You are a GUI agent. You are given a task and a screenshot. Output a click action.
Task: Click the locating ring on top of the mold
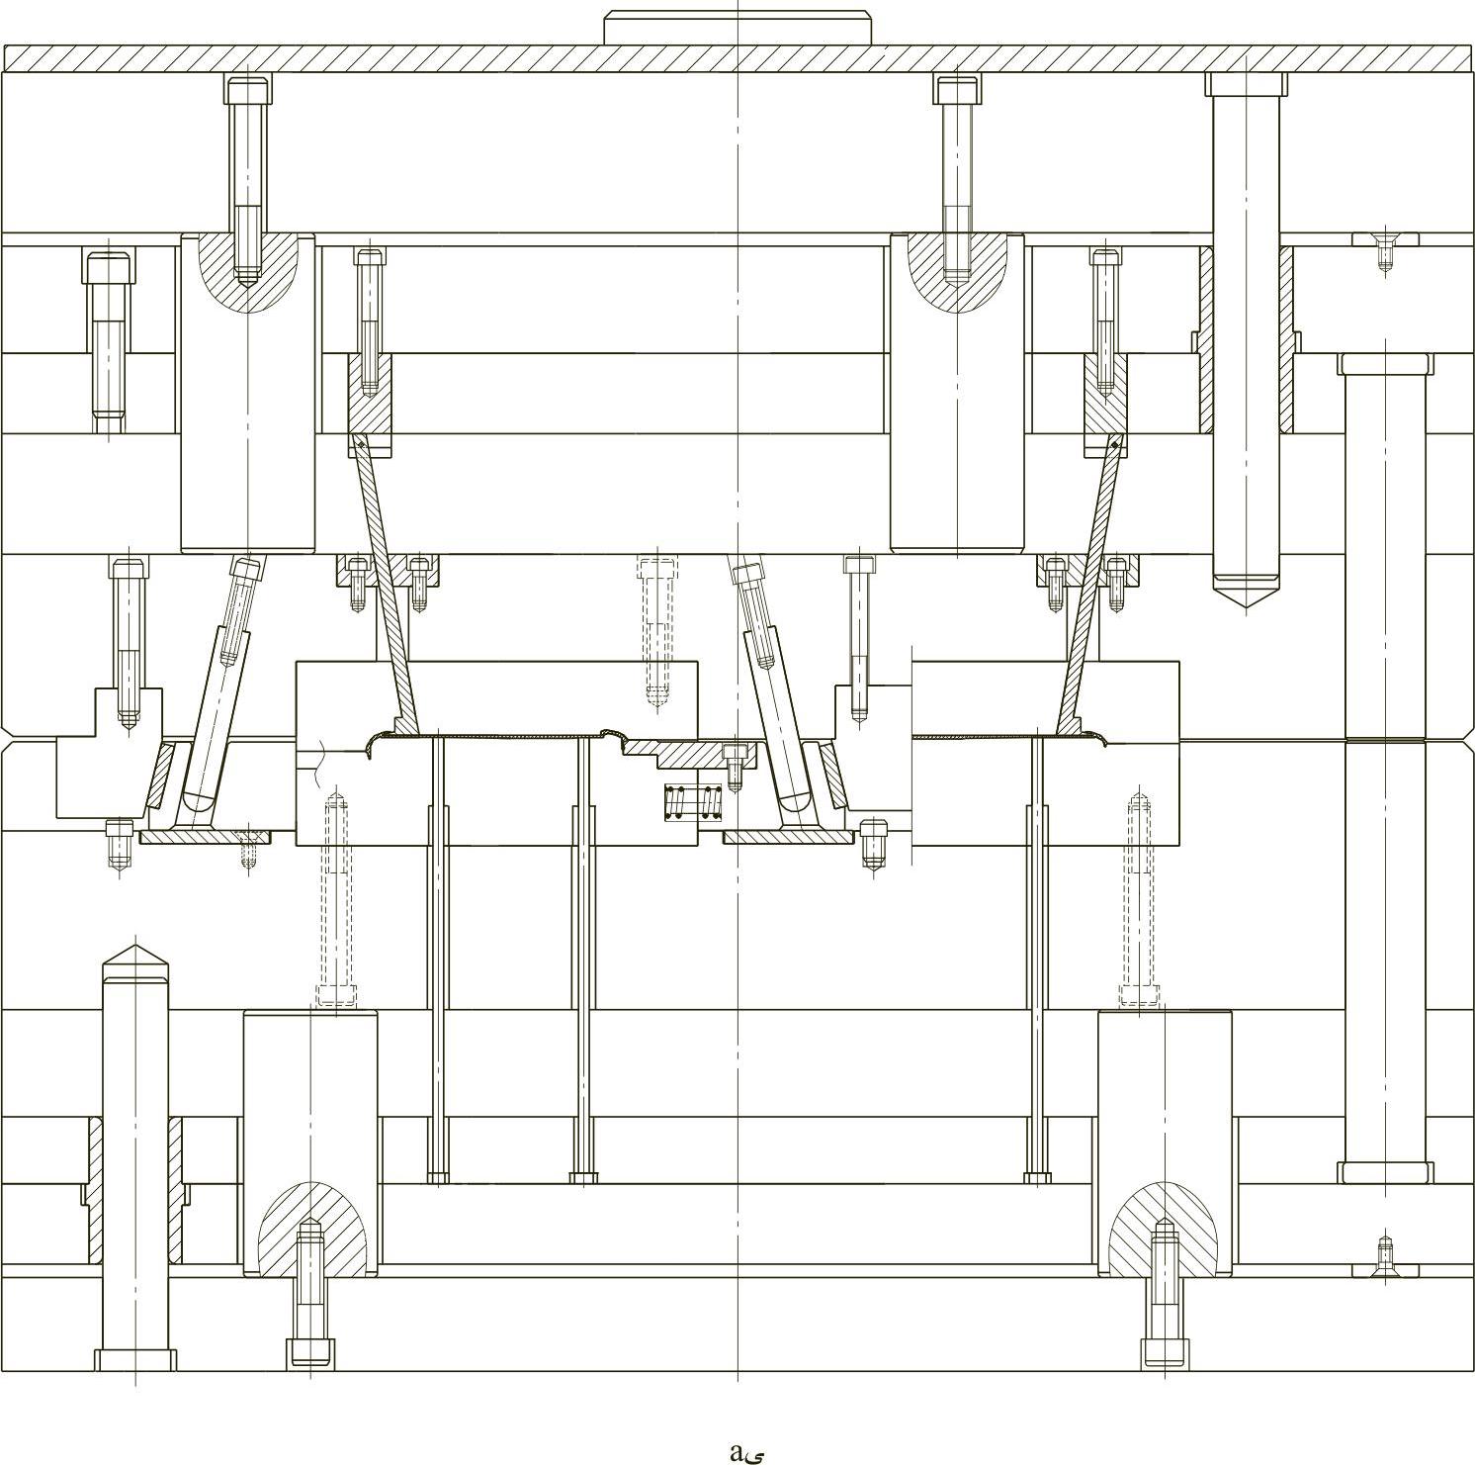(737, 28)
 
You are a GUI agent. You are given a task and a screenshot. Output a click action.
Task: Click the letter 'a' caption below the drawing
(737, 1452)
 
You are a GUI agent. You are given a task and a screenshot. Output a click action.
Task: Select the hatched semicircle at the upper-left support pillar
(247, 269)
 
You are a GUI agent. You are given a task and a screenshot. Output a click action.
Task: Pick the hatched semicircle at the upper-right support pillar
(956, 269)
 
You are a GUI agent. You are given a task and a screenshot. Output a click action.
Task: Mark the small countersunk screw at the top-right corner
(1385, 240)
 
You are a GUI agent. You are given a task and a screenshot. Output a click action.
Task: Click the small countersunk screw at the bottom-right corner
(1385, 1267)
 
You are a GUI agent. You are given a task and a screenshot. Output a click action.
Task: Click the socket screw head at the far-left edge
(108, 269)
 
